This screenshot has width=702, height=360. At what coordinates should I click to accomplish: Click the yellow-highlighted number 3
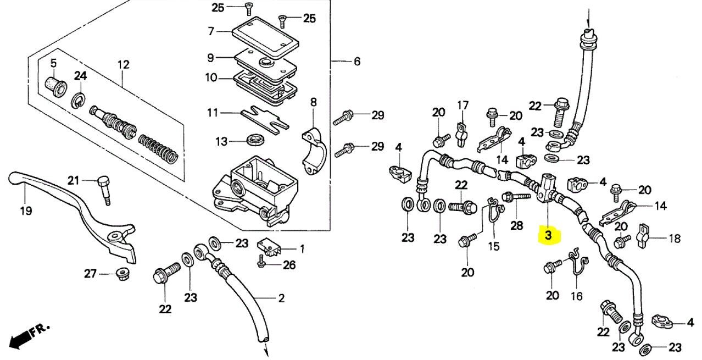tap(548, 235)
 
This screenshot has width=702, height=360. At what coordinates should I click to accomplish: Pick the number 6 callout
tap(356, 62)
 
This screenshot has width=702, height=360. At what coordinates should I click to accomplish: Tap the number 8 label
tap(314, 102)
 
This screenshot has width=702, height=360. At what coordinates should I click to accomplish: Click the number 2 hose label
tap(281, 298)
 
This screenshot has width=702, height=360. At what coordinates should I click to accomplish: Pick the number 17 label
tap(463, 104)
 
